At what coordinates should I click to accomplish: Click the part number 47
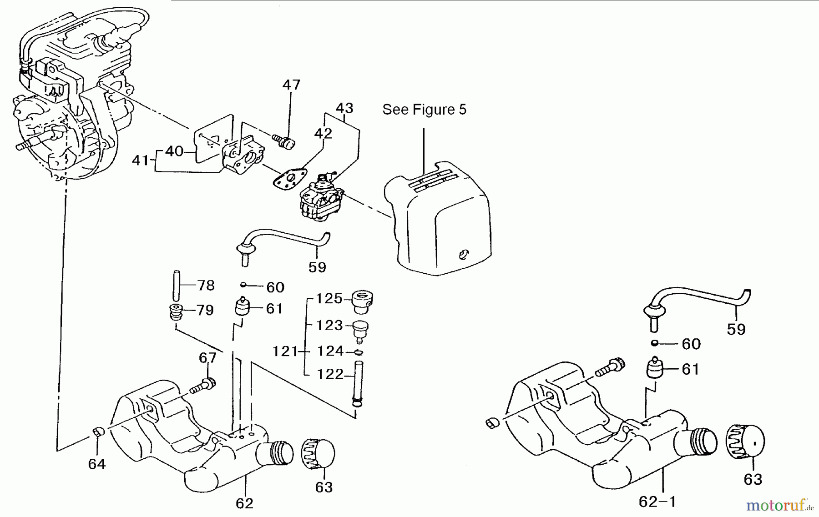[291, 85]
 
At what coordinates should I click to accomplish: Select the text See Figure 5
[424, 110]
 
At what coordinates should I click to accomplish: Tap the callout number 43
[344, 108]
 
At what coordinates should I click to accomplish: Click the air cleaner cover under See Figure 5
[439, 218]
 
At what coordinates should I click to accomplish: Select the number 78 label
[206, 286]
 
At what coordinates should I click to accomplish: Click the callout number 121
[285, 351]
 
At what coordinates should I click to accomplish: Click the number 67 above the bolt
[207, 358]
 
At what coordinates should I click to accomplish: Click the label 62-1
[657, 502]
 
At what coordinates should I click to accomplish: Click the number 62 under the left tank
[244, 503]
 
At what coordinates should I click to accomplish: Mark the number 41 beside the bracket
[141, 161]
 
